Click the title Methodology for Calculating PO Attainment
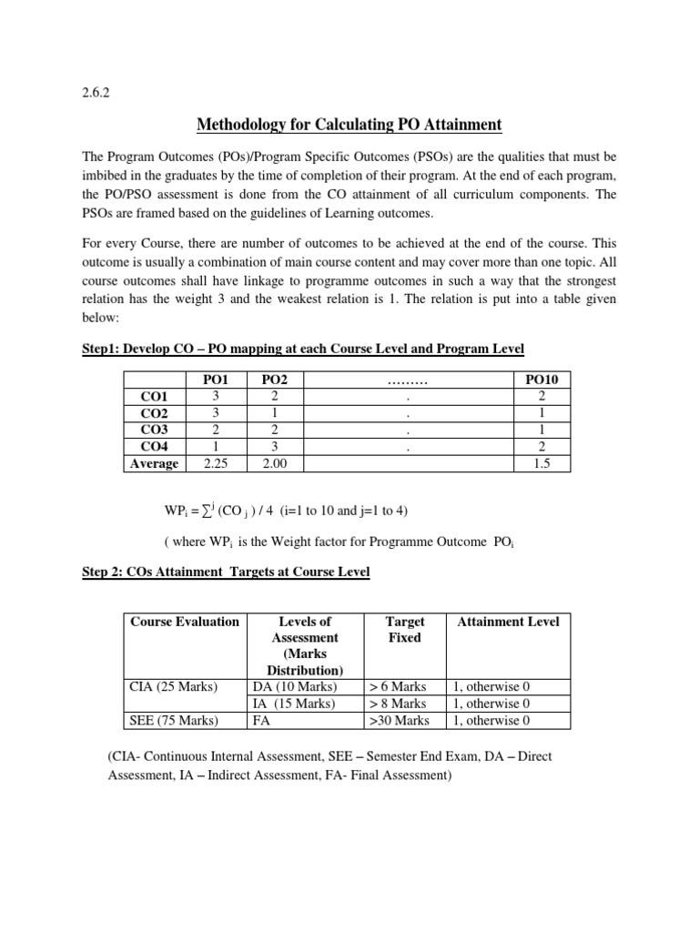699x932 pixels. (x=349, y=124)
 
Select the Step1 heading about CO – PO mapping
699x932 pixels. (x=303, y=349)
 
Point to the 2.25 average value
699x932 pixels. (x=215, y=463)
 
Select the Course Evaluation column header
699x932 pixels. (x=185, y=622)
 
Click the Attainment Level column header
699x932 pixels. (x=508, y=622)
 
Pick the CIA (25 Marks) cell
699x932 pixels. (x=173, y=687)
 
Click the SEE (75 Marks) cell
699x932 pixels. (x=173, y=720)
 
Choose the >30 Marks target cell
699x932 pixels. (x=399, y=720)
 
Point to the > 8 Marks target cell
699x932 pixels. (x=399, y=704)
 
